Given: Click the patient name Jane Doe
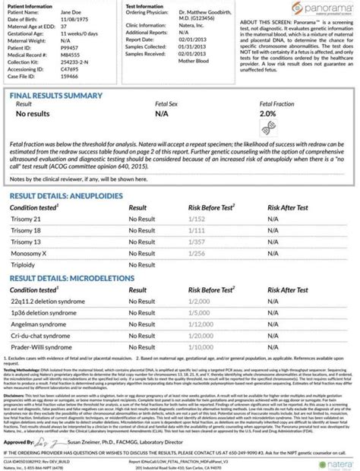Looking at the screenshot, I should (80, 14).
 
